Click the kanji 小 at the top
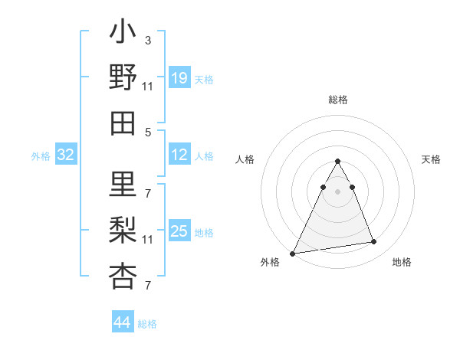click(x=123, y=34)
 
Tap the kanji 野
click(x=123, y=78)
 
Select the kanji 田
click(x=123, y=123)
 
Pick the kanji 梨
click(x=123, y=231)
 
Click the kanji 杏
click(x=123, y=276)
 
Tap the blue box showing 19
click(x=179, y=78)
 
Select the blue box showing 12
click(x=179, y=155)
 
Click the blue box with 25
click(x=179, y=231)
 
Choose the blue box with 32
click(x=66, y=155)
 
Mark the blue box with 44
click(x=123, y=323)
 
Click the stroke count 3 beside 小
click(x=148, y=40)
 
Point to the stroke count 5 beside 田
click(x=148, y=132)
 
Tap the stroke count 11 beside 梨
click(x=148, y=240)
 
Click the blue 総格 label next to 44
click(x=147, y=324)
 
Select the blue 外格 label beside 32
click(x=41, y=156)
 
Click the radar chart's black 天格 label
click(x=432, y=159)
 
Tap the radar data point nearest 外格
click(x=293, y=253)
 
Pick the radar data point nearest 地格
click(x=374, y=242)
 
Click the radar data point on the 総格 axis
click(x=337, y=162)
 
